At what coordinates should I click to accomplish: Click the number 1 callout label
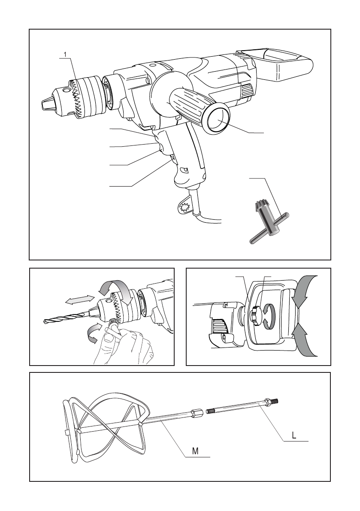[x=65, y=54]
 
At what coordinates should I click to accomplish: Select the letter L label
[x=294, y=435]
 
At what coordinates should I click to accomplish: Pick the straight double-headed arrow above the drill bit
[x=80, y=300]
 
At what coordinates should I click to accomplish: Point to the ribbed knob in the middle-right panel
[x=255, y=315]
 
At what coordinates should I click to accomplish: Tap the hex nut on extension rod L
[x=268, y=402]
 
